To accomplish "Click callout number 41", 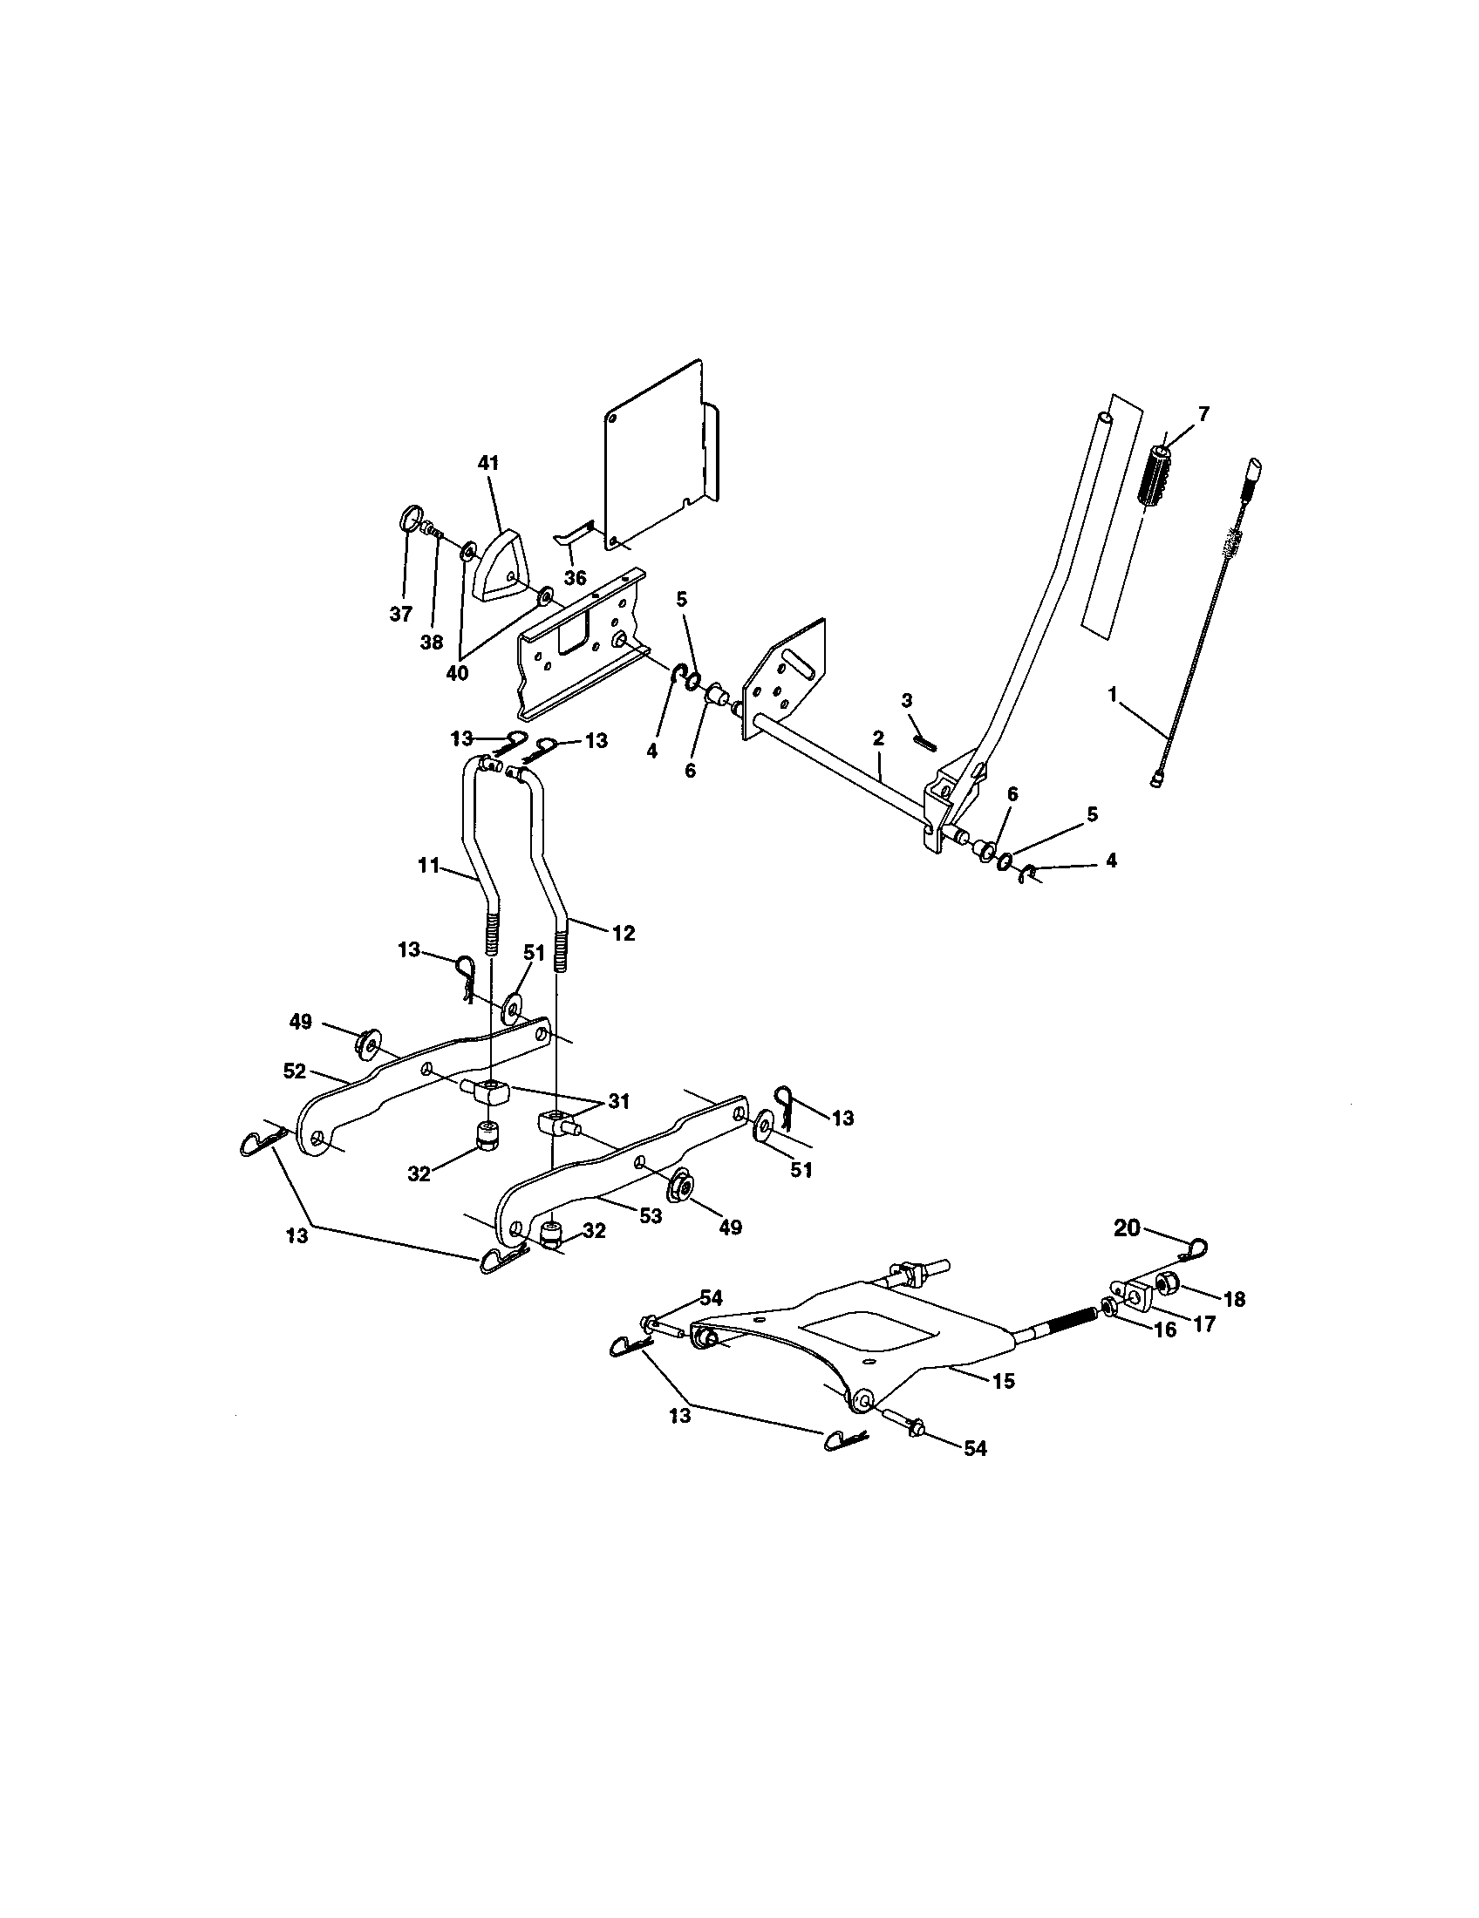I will [x=487, y=462].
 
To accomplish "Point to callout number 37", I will [x=401, y=614].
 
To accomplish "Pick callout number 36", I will [x=575, y=578].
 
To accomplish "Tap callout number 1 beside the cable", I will [x=1113, y=695].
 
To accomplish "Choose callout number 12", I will [x=623, y=933].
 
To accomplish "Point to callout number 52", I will [x=296, y=1071].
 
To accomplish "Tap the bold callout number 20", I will [x=1127, y=1227].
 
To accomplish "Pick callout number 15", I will [x=1002, y=1381].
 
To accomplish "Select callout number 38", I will [x=431, y=642].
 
